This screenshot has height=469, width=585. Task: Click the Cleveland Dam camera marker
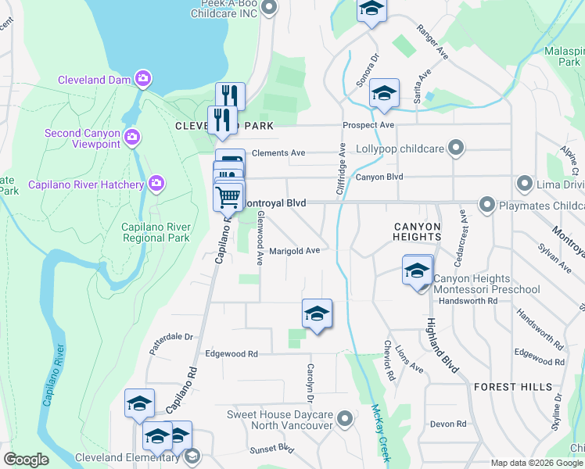click(x=142, y=78)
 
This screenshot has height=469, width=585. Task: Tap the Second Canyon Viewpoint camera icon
click(x=132, y=138)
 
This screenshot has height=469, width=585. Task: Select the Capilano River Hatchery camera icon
click(x=156, y=184)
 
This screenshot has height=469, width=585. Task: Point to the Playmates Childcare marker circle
click(x=486, y=206)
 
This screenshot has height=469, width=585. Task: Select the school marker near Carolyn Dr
click(x=317, y=314)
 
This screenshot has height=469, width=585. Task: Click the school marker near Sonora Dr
click(x=384, y=94)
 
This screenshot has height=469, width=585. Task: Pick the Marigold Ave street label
click(x=295, y=252)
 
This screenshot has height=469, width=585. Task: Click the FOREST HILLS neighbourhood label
click(x=505, y=387)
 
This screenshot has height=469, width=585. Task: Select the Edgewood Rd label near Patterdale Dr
click(x=231, y=354)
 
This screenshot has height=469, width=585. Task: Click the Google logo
click(x=26, y=460)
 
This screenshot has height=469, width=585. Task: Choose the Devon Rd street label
click(x=448, y=424)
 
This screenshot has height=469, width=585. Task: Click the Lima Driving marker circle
click(x=524, y=184)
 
